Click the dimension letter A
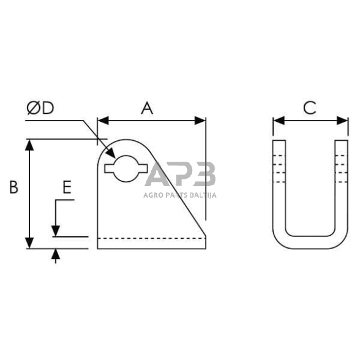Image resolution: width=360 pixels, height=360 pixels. [x=146, y=108]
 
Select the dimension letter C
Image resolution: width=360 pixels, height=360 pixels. [x=310, y=108]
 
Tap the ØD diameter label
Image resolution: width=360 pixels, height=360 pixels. [x=40, y=108]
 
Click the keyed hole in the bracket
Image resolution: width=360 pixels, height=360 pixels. [x=126, y=167]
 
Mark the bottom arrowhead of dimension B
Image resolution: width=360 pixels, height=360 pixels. [x=29, y=243]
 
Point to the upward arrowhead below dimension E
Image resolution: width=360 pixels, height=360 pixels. [x=56, y=253]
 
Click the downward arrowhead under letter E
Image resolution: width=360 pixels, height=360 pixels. [x=56, y=231]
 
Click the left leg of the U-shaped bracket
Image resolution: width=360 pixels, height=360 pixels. [x=279, y=184]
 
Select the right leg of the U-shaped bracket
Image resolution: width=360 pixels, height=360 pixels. [x=340, y=184]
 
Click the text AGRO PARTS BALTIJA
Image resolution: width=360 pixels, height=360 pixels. [x=180, y=195]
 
